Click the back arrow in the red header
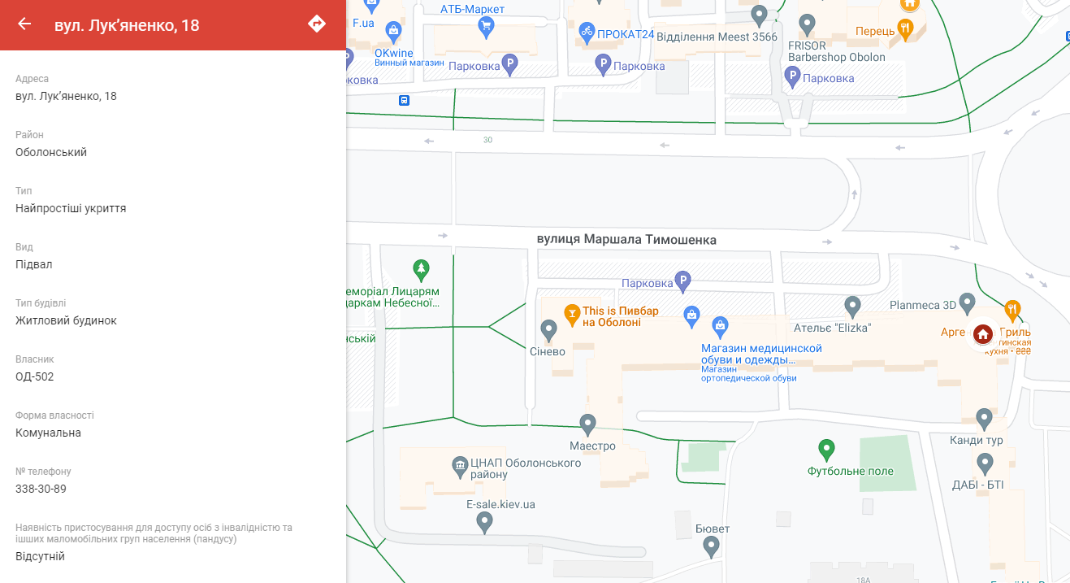[x=24, y=24]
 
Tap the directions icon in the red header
[x=317, y=24]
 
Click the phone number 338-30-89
[x=41, y=489]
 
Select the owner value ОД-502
[x=35, y=376]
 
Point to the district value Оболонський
[x=51, y=152]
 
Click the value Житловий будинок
[x=66, y=320]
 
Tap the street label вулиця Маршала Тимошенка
[x=626, y=240]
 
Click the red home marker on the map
[x=982, y=333]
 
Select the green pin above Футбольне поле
[x=826, y=448]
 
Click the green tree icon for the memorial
[x=421, y=269]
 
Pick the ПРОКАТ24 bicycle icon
[x=587, y=33]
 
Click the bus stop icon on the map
[x=404, y=101]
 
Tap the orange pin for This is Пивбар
[x=572, y=312]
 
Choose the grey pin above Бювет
[x=712, y=546]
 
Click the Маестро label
[x=592, y=446]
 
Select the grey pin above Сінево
[x=548, y=329]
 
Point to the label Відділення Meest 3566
[x=717, y=37]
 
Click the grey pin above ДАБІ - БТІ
[x=985, y=463]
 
